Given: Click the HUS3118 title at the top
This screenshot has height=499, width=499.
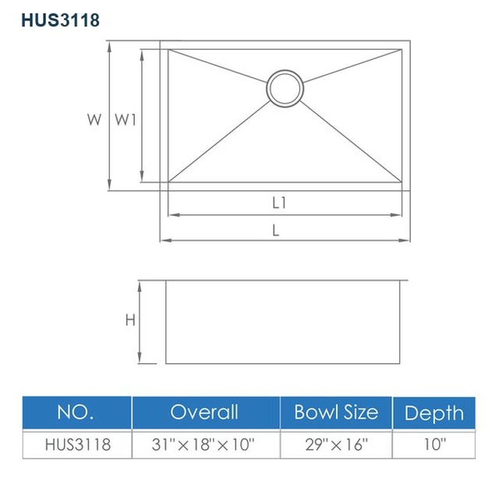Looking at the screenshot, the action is click(61, 20).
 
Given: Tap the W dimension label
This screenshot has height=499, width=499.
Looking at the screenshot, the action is click(94, 119).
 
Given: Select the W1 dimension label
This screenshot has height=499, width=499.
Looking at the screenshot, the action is click(126, 119).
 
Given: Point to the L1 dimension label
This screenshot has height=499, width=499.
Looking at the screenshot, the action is click(279, 203).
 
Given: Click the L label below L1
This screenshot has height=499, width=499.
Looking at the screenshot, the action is click(276, 230).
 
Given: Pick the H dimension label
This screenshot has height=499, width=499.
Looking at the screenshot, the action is click(130, 320).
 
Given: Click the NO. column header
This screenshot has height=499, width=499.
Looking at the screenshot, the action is click(76, 412).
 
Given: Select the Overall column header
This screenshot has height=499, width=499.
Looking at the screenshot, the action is click(204, 412).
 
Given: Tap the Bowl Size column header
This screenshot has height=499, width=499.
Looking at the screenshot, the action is click(336, 412).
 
